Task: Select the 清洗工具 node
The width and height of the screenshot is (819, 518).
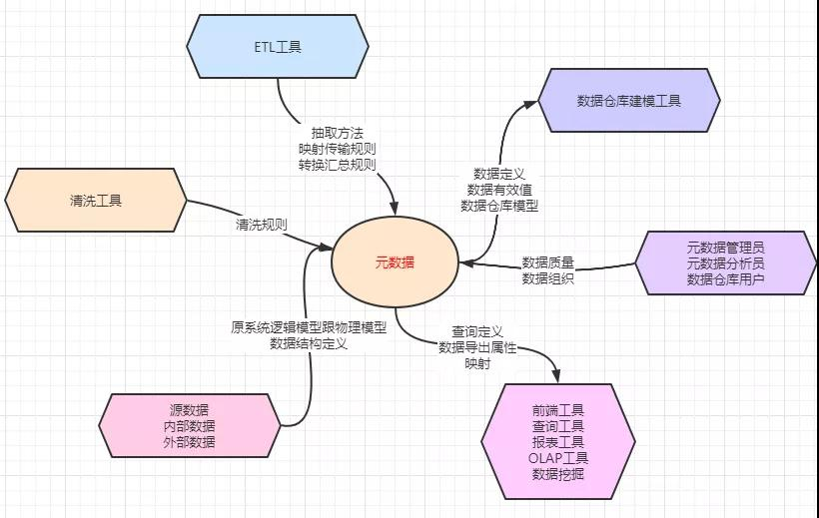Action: pyautogui.click(x=96, y=200)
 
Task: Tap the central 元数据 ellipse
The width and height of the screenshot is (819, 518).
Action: pyautogui.click(x=395, y=262)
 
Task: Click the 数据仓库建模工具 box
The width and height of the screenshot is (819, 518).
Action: pyautogui.click(x=628, y=101)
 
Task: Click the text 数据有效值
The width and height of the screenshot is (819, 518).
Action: pyautogui.click(x=499, y=189)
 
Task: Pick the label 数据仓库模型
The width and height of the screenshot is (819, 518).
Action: pyautogui.click(x=499, y=205)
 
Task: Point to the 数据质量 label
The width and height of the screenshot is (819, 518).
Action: pyautogui.click(x=547, y=262)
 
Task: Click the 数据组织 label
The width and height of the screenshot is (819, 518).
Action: pyautogui.click(x=547, y=278)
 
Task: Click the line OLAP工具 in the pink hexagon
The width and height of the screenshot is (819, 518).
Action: pyautogui.click(x=558, y=458)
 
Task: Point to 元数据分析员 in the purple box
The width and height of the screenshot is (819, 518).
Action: pyautogui.click(x=726, y=262)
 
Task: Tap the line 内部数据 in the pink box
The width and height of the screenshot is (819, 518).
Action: pyautogui.click(x=189, y=425)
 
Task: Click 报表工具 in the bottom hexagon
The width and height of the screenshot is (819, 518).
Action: pyautogui.click(x=558, y=442)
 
